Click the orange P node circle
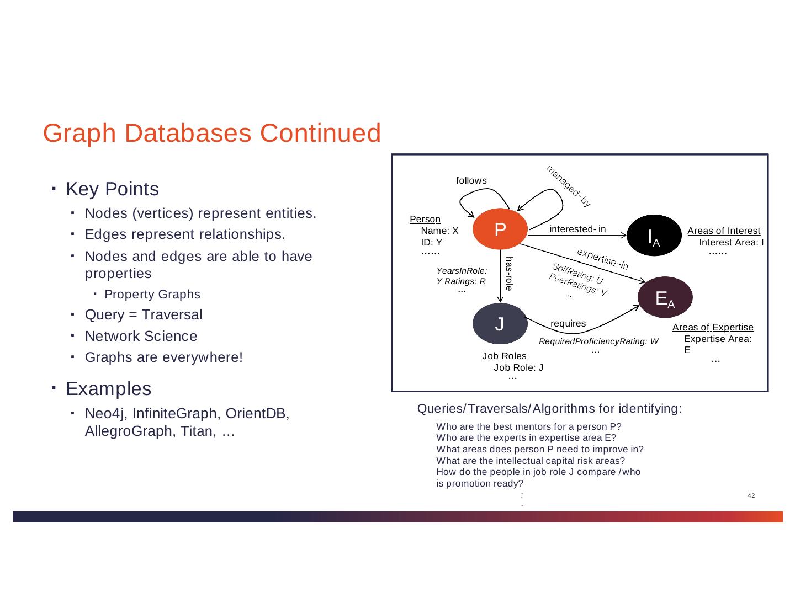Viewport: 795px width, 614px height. [x=500, y=230]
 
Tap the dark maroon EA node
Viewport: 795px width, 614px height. [x=665, y=297]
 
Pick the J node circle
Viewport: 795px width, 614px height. [x=500, y=324]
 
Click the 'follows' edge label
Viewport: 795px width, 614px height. [x=471, y=180]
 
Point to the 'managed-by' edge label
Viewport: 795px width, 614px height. [x=569, y=186]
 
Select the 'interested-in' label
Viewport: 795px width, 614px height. [x=577, y=229]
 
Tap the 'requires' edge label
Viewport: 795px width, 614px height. [x=568, y=323]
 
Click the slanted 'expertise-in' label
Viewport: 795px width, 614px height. [x=602, y=259]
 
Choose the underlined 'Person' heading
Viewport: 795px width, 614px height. [x=425, y=220]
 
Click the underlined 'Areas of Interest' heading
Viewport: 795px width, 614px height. [x=724, y=231]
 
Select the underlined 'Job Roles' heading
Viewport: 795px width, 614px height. [x=504, y=356]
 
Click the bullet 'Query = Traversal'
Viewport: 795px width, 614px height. [x=144, y=315]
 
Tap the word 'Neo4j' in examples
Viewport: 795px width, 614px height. [x=103, y=413]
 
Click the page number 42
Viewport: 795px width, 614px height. [x=751, y=495]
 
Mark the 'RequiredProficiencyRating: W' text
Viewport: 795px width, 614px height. [x=598, y=342]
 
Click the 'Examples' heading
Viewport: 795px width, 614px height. [x=108, y=389]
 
